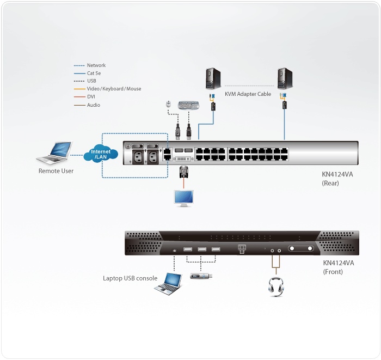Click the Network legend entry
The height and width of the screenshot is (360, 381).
click(x=96, y=65)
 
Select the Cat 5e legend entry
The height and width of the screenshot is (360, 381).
click(x=94, y=73)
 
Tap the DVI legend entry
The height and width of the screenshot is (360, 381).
click(x=91, y=97)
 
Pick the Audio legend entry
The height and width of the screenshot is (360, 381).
click(x=93, y=105)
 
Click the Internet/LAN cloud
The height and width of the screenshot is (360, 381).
click(x=101, y=154)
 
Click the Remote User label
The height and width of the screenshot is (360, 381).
click(x=56, y=171)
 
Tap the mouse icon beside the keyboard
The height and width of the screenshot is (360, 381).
click(x=169, y=103)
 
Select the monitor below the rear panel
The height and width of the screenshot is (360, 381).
click(x=182, y=198)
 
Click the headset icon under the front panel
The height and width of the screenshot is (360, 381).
click(x=276, y=288)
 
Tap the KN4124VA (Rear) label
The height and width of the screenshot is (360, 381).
click(x=338, y=179)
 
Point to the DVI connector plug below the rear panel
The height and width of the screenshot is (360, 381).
click(x=184, y=173)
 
